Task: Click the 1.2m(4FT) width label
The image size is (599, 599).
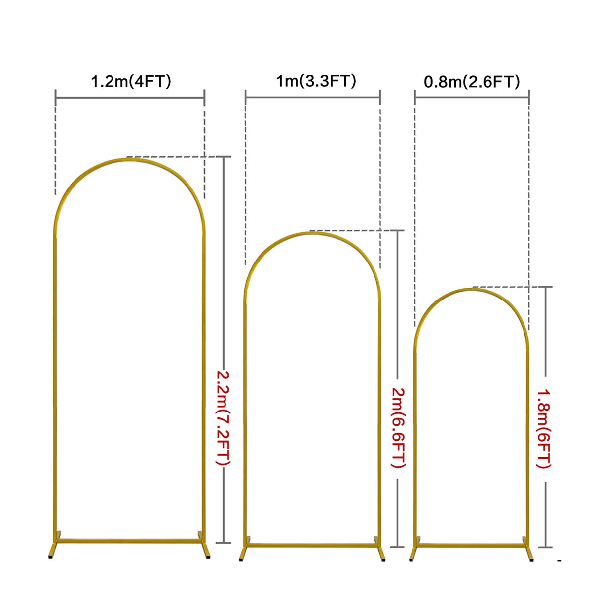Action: (131, 82)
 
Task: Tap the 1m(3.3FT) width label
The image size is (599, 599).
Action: (316, 81)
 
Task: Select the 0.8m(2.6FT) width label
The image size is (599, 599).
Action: (472, 82)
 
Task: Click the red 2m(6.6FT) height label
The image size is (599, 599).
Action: (399, 428)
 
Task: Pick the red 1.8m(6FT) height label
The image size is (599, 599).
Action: (544, 429)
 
